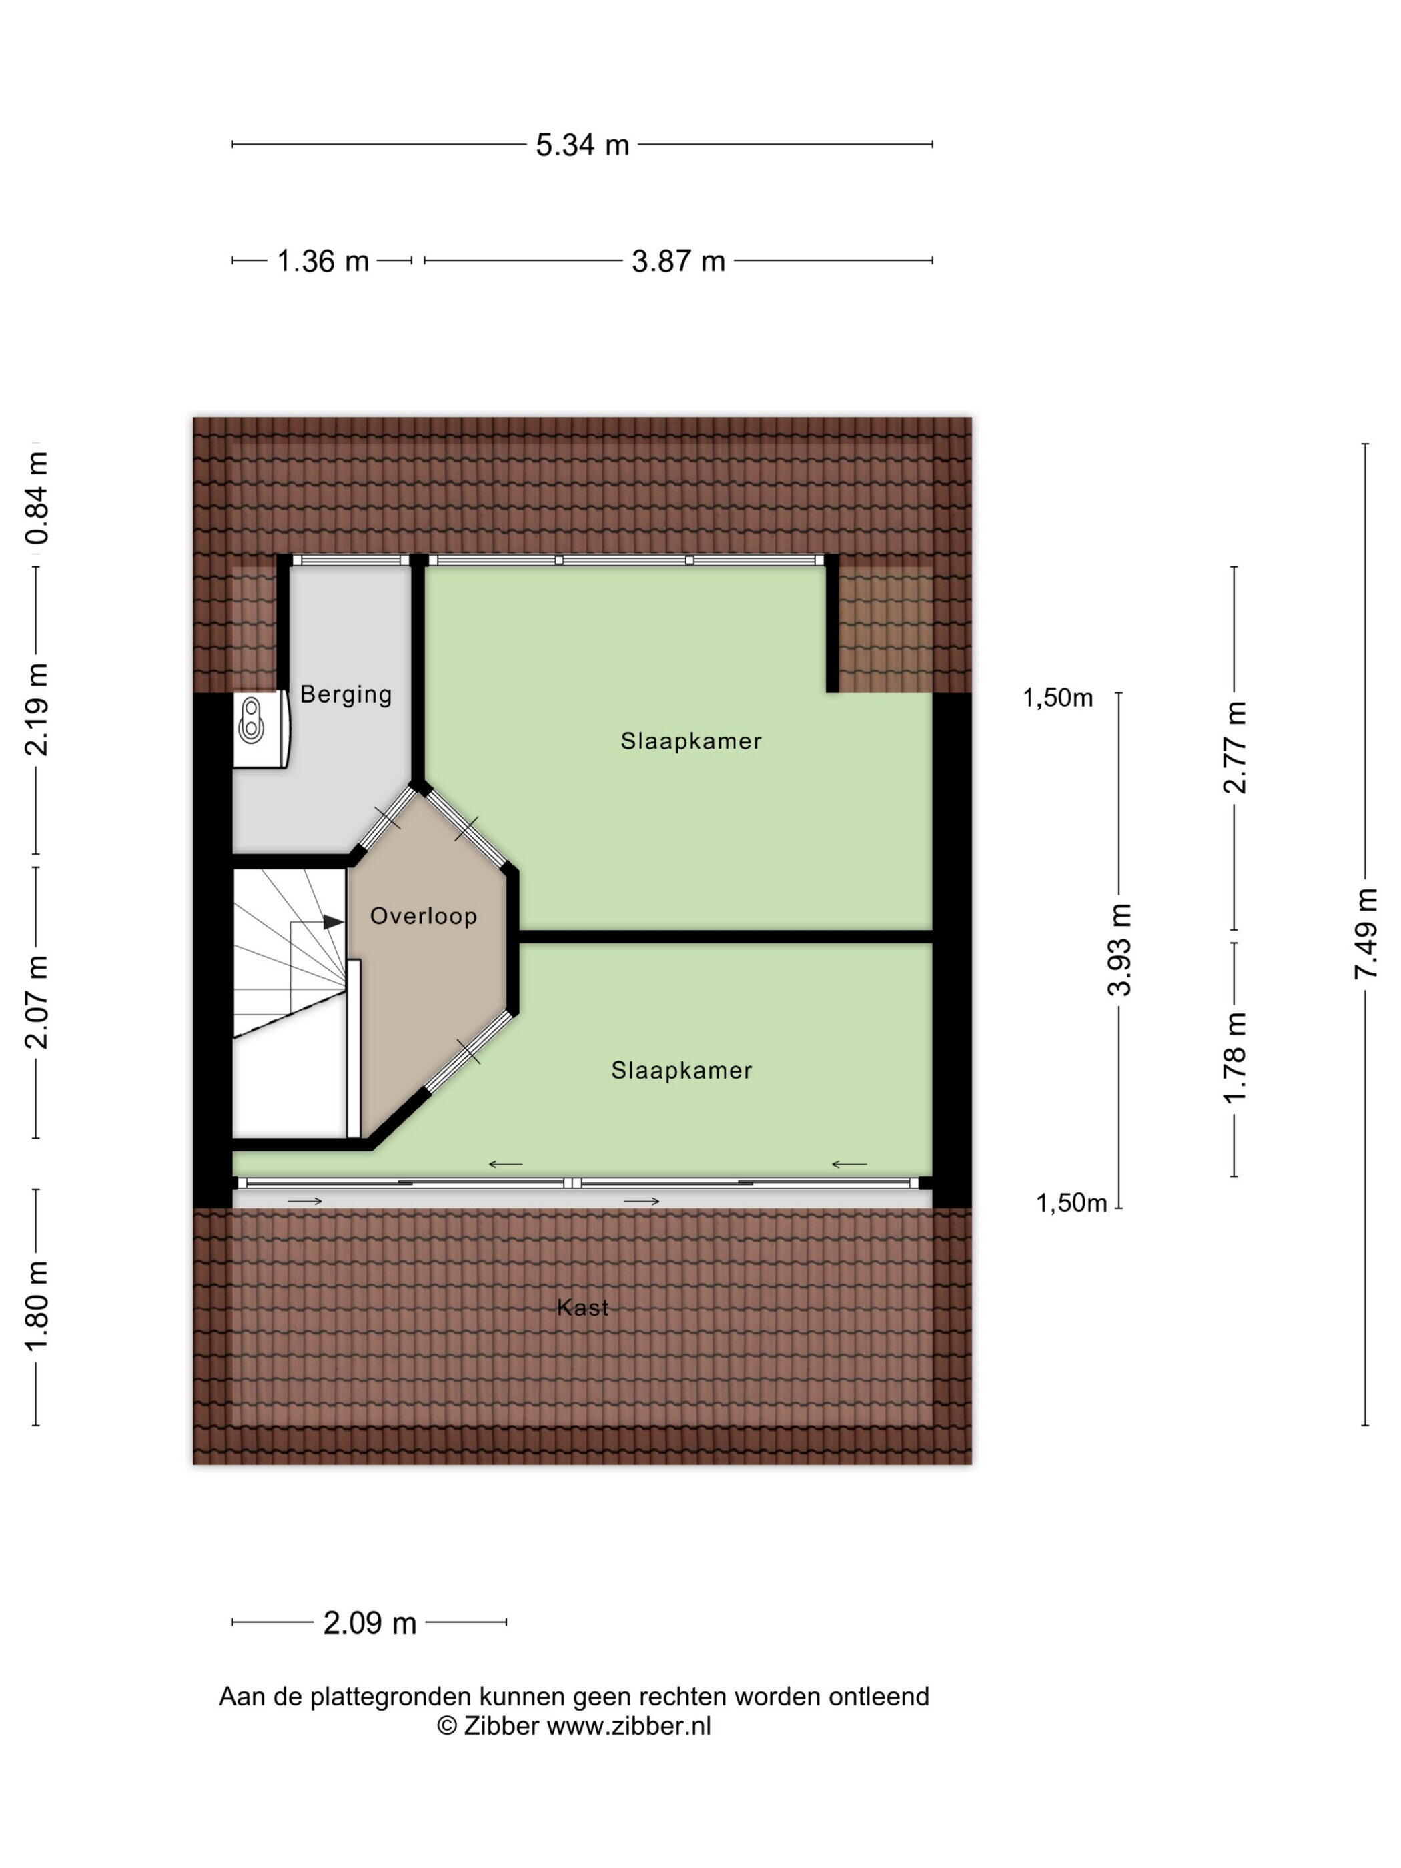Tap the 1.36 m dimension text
click(x=323, y=261)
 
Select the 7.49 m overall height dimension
click(x=1366, y=933)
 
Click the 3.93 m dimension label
click(x=1119, y=949)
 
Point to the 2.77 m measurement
click(x=1235, y=747)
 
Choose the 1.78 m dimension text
click(x=1235, y=1057)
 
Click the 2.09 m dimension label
click(x=370, y=1623)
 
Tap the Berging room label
click(x=346, y=694)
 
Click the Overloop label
click(x=424, y=915)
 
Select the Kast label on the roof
click(x=582, y=1307)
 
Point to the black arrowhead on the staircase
click(x=334, y=922)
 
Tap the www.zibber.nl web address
click(x=628, y=1725)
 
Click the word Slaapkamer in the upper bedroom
click(x=690, y=741)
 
